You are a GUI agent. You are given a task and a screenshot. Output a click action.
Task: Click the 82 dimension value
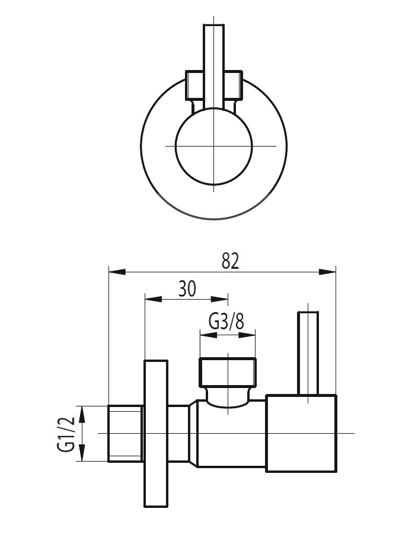coord(230,261)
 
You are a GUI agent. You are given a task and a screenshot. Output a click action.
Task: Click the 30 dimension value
coord(187,289)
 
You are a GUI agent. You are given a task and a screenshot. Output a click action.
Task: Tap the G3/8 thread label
coord(226,321)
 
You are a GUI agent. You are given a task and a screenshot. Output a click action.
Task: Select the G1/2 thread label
coord(66,434)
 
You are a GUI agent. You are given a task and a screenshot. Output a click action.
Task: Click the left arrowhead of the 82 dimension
coord(117,272)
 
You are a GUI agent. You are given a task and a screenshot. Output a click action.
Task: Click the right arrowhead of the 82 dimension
coord(327,272)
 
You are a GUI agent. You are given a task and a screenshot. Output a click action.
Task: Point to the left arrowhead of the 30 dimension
coord(154,299)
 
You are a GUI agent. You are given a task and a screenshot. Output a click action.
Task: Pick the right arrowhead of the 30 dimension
coord(220,299)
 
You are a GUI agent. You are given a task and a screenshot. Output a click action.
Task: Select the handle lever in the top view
coord(213,66)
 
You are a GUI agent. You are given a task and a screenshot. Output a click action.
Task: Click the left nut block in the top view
coord(194,85)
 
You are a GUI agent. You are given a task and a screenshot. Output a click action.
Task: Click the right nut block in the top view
coord(233,85)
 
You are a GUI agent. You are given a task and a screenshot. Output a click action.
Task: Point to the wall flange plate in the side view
coord(156,433)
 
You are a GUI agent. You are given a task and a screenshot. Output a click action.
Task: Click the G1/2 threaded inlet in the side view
coord(126,433)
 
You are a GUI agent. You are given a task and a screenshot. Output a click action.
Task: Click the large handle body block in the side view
coord(301,434)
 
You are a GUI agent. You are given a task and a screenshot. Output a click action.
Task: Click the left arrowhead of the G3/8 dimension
coord(208,335)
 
